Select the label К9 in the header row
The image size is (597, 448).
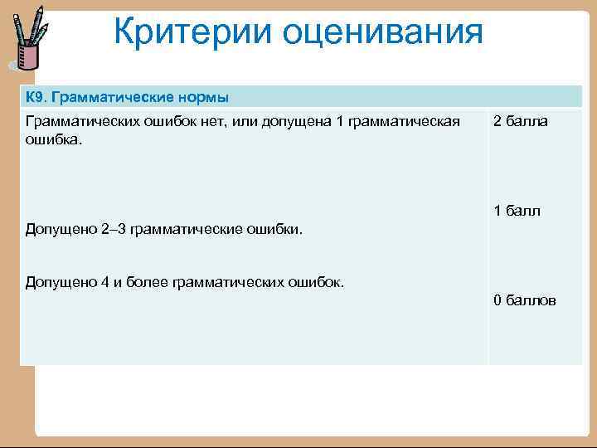pyautogui.click(x=36, y=98)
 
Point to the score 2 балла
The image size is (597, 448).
pyautogui.click(x=520, y=122)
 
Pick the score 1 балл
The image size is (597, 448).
pyautogui.click(x=517, y=211)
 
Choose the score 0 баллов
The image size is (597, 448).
pyautogui.click(x=524, y=299)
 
